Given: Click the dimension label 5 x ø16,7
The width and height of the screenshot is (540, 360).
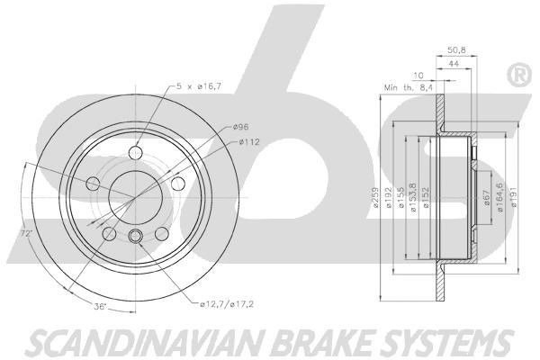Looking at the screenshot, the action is (x=199, y=86).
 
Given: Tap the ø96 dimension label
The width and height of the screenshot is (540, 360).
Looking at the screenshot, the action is (x=240, y=127).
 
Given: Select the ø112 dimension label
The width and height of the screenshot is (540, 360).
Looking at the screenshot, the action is (x=249, y=141).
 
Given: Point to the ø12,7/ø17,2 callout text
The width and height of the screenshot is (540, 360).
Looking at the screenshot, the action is (x=227, y=304).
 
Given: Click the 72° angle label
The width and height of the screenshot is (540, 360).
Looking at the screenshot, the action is (x=26, y=234).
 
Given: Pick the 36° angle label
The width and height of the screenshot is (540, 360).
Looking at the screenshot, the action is (x=100, y=306).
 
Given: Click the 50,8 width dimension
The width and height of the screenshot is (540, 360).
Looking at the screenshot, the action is (x=456, y=50).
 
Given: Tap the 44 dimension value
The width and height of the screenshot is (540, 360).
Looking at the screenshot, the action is (x=454, y=64).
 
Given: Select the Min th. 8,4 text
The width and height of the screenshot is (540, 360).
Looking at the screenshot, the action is (x=408, y=88).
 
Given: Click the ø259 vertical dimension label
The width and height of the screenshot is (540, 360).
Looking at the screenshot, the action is (x=375, y=197).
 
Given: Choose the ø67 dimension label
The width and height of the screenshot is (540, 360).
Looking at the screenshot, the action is (x=487, y=197).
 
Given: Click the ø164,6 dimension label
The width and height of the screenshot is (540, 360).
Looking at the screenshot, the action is (x=499, y=196).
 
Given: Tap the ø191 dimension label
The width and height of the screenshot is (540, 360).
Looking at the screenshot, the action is (x=514, y=197).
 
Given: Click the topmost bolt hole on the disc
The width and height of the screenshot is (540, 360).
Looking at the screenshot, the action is (x=135, y=152).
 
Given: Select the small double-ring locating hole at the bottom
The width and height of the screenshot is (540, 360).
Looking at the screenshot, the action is (x=135, y=236).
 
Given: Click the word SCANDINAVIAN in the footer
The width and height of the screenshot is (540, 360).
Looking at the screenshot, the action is (x=145, y=343).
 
